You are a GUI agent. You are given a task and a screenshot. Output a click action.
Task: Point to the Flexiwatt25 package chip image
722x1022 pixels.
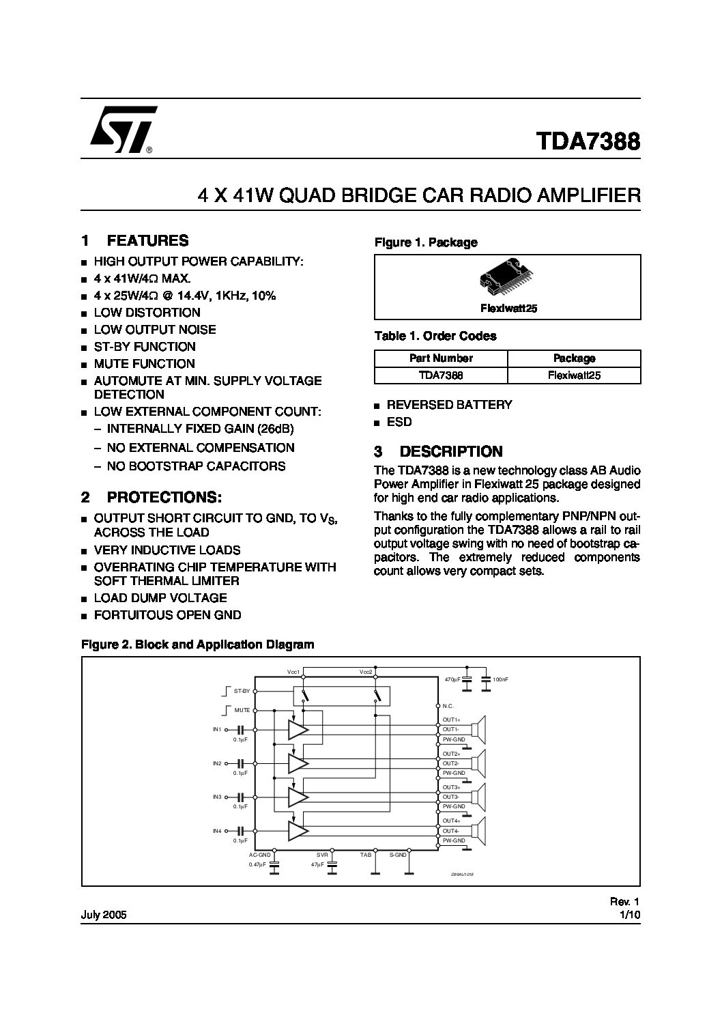508,279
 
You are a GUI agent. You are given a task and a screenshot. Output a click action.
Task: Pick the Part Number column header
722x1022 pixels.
441,358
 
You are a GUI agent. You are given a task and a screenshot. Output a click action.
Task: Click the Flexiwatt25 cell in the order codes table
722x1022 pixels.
574,375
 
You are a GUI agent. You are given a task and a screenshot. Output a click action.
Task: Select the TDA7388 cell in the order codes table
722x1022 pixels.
441,375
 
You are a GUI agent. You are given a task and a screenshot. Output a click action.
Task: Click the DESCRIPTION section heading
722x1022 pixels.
450,451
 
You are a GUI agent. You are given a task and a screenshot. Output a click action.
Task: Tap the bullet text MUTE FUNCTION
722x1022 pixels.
144,364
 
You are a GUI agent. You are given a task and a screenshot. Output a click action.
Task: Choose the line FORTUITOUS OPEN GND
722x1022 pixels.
167,615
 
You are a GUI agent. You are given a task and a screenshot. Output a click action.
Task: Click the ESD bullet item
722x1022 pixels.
399,422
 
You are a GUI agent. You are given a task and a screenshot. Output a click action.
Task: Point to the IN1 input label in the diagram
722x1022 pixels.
218,730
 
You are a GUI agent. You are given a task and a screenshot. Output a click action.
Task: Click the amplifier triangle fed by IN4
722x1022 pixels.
297,831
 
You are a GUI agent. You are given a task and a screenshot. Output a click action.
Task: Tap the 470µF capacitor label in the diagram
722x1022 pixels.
452,680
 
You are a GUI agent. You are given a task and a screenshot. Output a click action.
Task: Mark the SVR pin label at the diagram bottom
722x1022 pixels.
323,855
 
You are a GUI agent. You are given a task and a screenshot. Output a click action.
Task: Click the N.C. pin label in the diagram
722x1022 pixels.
448,706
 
